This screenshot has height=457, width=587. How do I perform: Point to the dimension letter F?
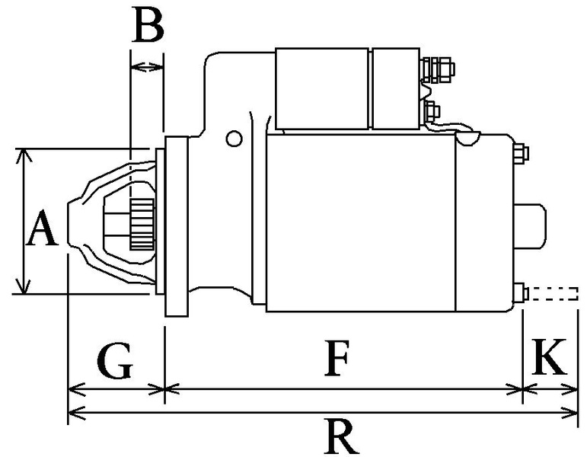pos(336,360)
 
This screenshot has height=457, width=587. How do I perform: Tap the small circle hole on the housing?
pos(234,138)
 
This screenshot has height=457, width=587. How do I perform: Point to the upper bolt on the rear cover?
pos(522,153)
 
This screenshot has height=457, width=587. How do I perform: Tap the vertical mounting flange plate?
pos(177,227)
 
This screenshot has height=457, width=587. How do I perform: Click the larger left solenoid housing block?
pos(322,88)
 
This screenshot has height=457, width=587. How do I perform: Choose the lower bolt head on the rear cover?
pos(522,294)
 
